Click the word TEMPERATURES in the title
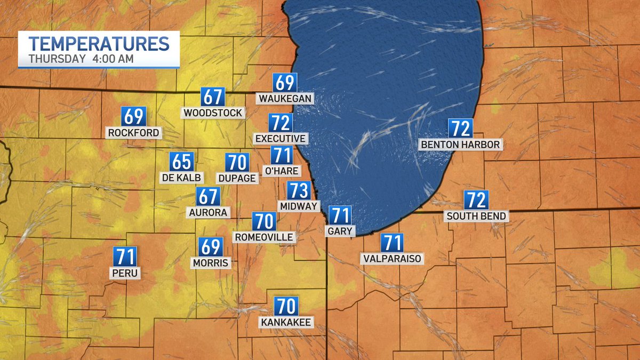(99, 43)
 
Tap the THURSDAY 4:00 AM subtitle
(81, 59)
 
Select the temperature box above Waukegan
(285, 83)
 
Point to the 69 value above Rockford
(133, 116)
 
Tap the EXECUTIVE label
(281, 139)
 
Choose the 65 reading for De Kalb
(181, 162)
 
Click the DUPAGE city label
(237, 178)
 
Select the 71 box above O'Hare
(282, 155)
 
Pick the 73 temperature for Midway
(299, 190)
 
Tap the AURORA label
(208, 212)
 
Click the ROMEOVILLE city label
(264, 237)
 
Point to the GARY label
(340, 230)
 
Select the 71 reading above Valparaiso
(392, 243)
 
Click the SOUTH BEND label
(477, 216)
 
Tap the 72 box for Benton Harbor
(460, 129)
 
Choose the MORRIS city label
(211, 263)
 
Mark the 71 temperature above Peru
(125, 257)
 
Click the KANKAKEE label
(286, 322)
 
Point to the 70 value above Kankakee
(286, 306)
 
